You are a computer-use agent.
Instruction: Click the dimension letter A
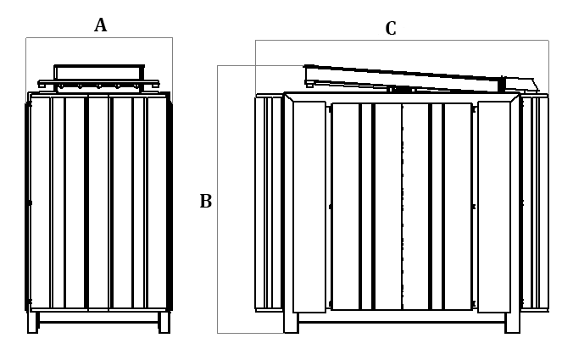(x=100, y=25)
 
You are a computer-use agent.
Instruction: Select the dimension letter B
(x=205, y=202)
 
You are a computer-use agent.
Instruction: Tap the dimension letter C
(x=391, y=29)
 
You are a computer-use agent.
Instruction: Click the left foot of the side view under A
(x=32, y=323)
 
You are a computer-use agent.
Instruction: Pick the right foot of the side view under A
(x=164, y=323)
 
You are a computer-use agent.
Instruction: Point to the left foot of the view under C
(x=291, y=323)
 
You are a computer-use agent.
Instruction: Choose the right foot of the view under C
(x=512, y=323)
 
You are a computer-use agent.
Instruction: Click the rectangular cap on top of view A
(x=99, y=71)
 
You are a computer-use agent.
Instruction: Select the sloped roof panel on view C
(x=407, y=77)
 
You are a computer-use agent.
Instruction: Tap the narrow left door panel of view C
(x=309, y=208)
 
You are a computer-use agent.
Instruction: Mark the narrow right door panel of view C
(x=493, y=208)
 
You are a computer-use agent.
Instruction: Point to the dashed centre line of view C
(x=402, y=208)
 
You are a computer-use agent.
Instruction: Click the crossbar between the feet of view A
(x=98, y=318)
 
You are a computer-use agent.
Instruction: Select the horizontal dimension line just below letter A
(x=99, y=37)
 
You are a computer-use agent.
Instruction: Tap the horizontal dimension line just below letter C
(x=402, y=41)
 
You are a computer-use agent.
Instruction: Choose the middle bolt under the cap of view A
(x=98, y=86)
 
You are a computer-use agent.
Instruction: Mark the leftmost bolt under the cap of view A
(x=61, y=86)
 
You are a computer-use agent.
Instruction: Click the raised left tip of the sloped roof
(x=307, y=67)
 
